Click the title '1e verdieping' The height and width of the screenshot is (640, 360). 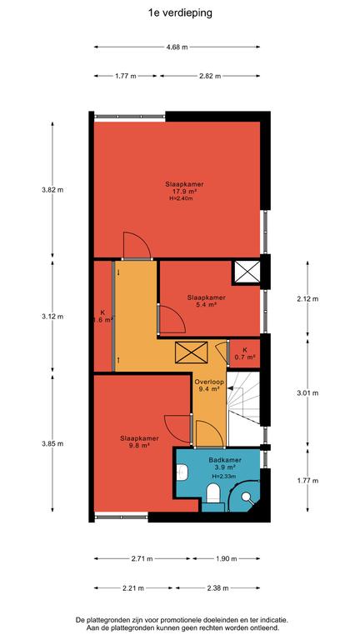click(x=180, y=13)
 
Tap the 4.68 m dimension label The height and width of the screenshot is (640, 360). click(x=177, y=47)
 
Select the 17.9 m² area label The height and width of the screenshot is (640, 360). click(x=184, y=191)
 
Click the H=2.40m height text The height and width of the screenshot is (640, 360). click(x=181, y=199)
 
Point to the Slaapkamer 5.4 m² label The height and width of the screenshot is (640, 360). click(x=207, y=301)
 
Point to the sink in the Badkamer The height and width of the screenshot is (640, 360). click(x=182, y=472)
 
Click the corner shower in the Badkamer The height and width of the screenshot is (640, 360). click(x=244, y=495)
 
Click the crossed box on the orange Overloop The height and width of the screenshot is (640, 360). click(x=192, y=352)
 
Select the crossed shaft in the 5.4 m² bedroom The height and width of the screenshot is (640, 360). click(x=247, y=272)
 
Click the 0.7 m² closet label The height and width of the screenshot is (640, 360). click(x=245, y=353)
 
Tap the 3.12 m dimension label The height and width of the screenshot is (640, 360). click(x=52, y=317)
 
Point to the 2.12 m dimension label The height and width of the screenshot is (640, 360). click(x=307, y=299)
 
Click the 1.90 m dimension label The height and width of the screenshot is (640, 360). click(x=226, y=559)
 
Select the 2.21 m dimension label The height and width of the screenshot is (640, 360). click(x=133, y=588)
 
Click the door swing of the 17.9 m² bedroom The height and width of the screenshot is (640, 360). click(x=137, y=245)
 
